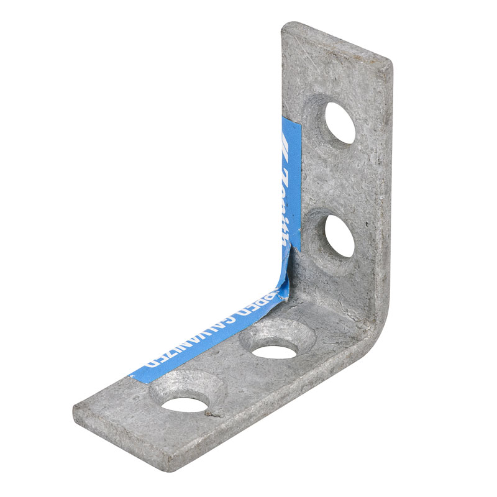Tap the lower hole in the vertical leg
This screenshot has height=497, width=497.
(x=339, y=237)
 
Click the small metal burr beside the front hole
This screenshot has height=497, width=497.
(x=212, y=412)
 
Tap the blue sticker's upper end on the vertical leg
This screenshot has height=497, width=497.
(x=292, y=121)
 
